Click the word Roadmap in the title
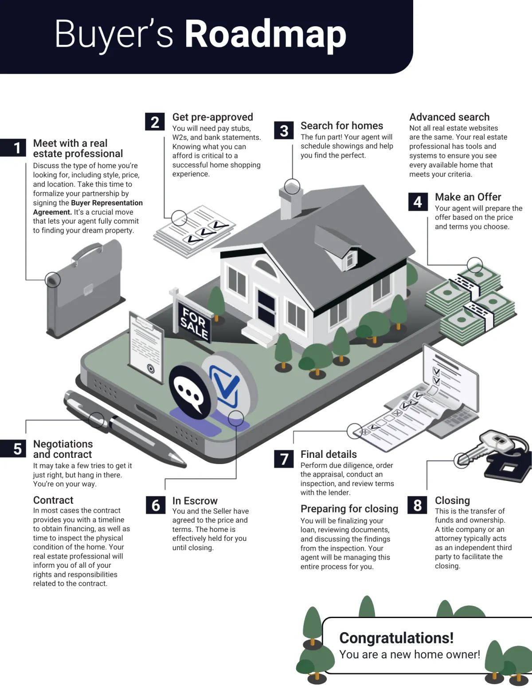tap(265, 35)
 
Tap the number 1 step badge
tap(17, 148)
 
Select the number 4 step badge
tap(418, 202)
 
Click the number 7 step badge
tap(284, 459)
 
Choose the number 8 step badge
tap(418, 505)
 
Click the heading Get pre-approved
tap(212, 117)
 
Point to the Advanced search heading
tap(449, 117)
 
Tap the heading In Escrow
tap(195, 501)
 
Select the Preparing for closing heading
tap(349, 509)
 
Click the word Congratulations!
tap(396, 638)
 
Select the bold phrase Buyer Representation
tap(106, 203)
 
